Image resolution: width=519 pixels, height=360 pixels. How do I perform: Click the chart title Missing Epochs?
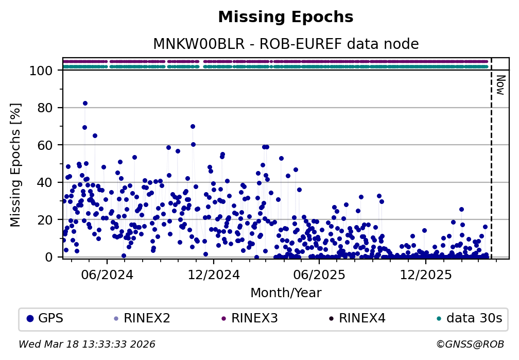(286, 18)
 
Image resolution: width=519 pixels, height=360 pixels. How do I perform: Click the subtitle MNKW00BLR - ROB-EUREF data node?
(286, 44)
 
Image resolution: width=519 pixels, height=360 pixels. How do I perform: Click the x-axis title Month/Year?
(286, 294)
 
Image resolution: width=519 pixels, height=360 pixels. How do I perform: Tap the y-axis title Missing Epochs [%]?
(16, 164)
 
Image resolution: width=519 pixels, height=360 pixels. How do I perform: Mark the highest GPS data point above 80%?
(85, 104)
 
